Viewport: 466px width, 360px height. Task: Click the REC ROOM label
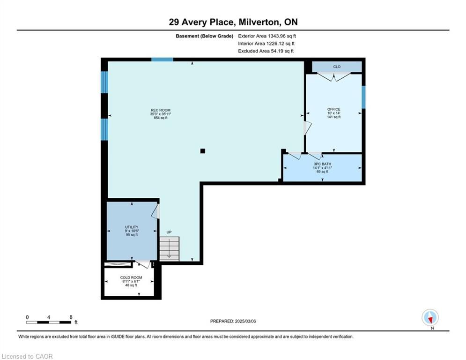(161, 110)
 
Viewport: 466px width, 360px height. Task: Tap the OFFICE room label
(334, 109)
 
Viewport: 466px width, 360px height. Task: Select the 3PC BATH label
(323, 164)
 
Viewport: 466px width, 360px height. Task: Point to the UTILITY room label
(132, 227)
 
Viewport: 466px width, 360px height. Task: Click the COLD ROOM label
(131, 277)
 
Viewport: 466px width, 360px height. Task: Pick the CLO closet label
(337, 67)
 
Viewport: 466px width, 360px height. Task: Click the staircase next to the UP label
(170, 249)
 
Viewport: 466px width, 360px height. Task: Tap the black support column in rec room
(203, 151)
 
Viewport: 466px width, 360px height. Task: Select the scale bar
(49, 322)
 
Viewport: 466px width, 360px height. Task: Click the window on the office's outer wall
(363, 97)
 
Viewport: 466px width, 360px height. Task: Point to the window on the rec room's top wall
(162, 60)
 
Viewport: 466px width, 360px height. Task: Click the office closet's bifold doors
(334, 77)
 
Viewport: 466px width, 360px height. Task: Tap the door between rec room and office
(307, 128)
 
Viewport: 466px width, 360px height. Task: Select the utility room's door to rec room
(156, 211)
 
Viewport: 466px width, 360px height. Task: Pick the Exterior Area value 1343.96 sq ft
(282, 36)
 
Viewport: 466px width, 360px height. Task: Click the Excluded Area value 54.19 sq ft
(282, 51)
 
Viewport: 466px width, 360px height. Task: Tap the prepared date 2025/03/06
(245, 321)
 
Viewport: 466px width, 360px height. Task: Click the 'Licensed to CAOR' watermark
(27, 356)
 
